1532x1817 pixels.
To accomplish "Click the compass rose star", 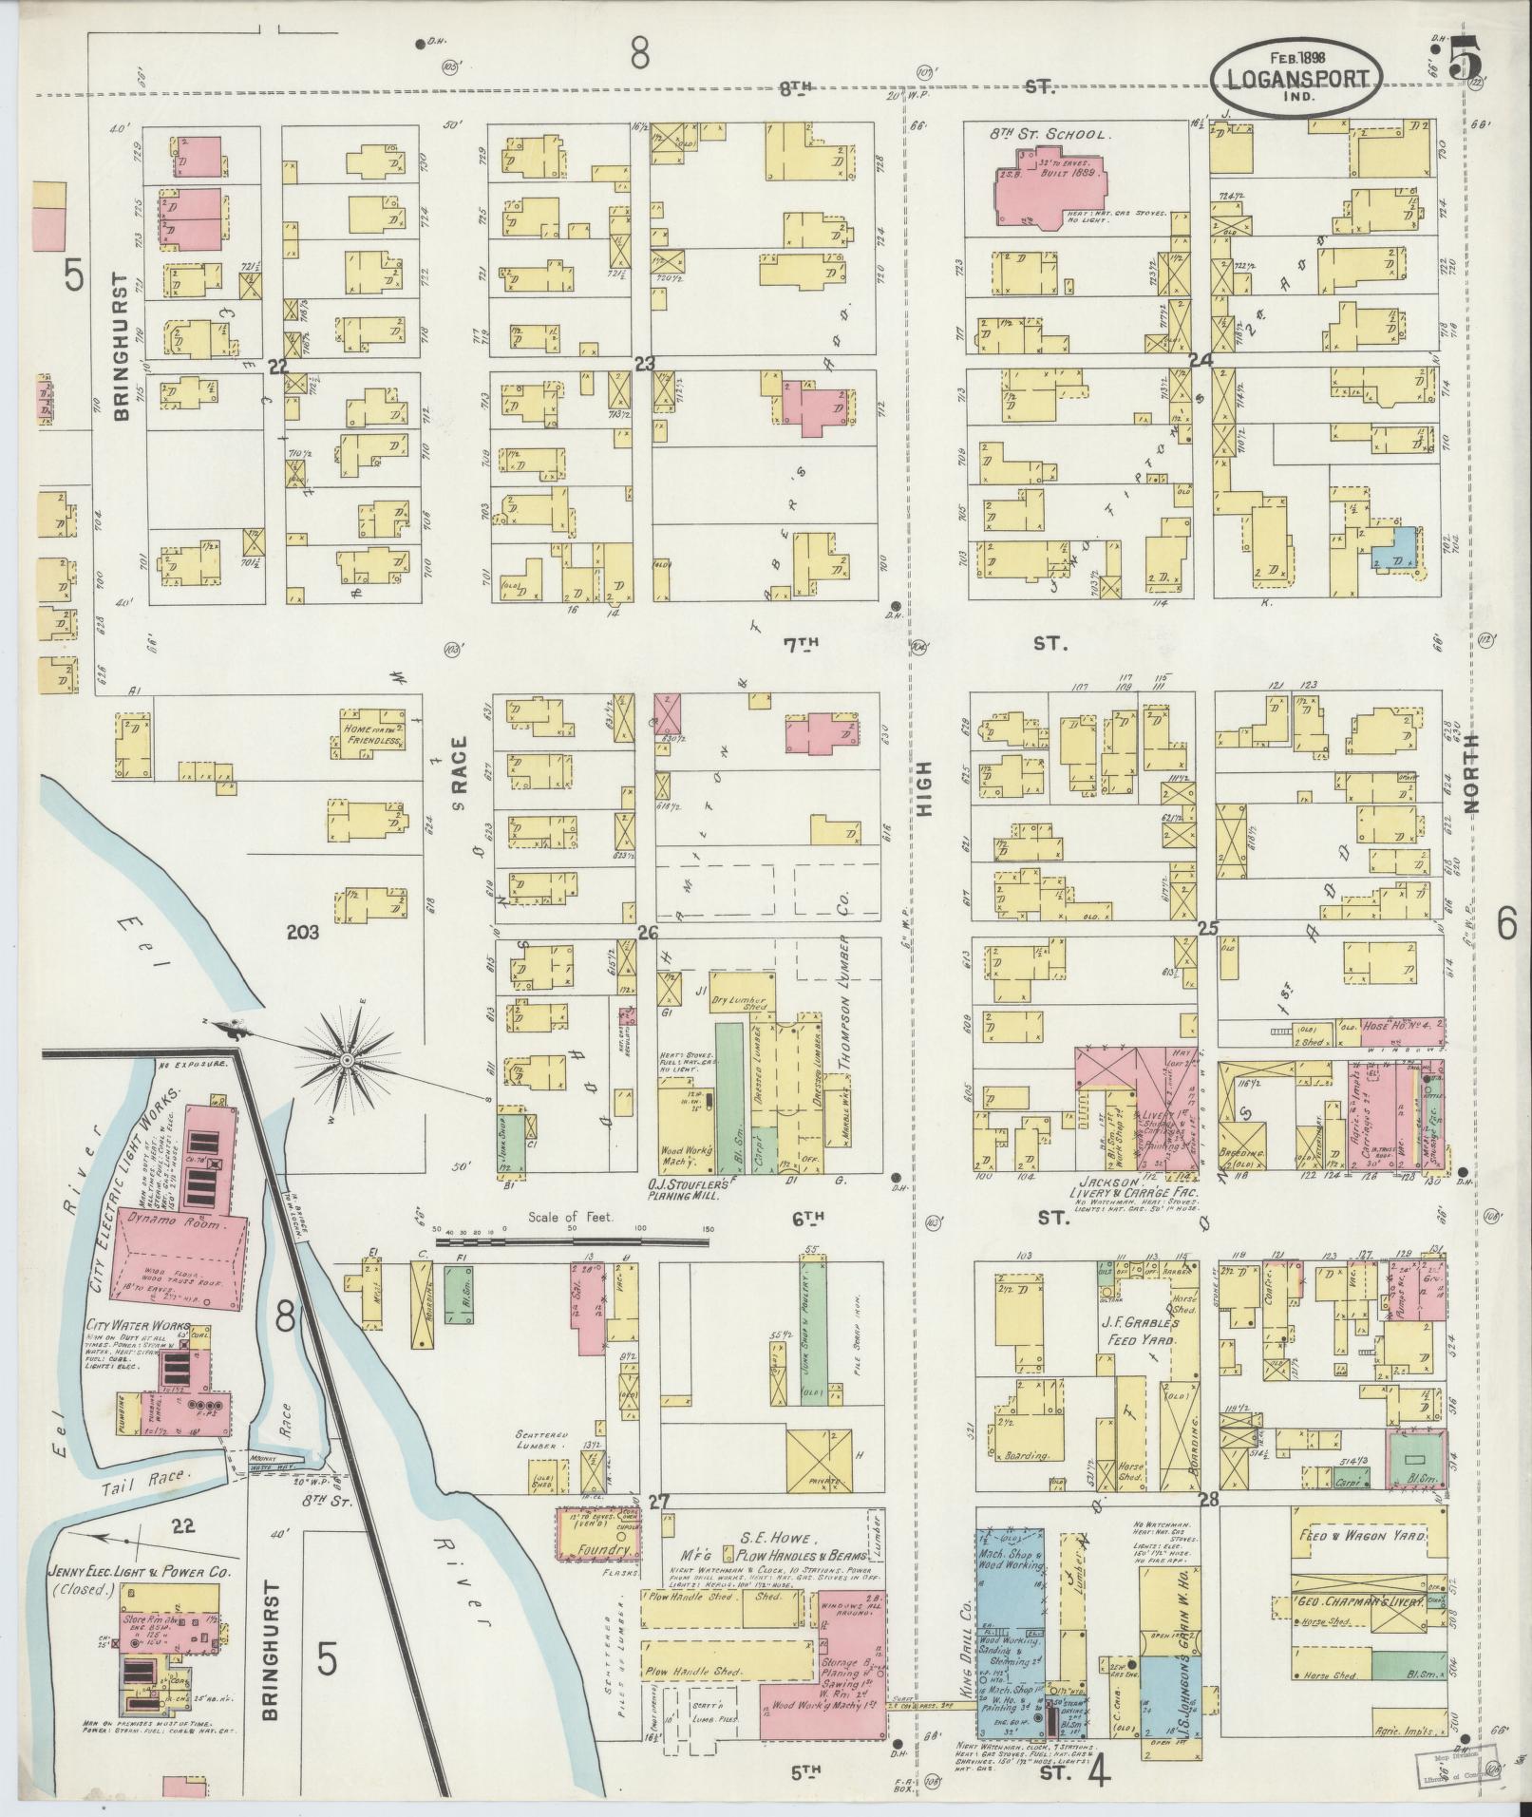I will tap(347, 1058).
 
